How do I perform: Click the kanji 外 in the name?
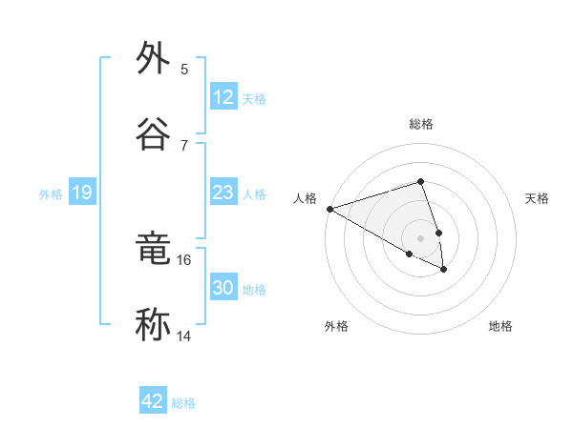(x=154, y=58)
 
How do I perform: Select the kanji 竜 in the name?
(x=154, y=250)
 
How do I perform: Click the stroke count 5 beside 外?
(x=184, y=69)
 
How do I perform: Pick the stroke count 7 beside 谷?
(x=184, y=145)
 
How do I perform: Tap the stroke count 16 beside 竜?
(x=184, y=259)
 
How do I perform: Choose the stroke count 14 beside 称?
(x=184, y=336)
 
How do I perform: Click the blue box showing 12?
(x=223, y=97)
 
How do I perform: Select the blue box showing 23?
(x=223, y=193)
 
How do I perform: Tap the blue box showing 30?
(x=223, y=288)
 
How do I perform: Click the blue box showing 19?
(x=82, y=193)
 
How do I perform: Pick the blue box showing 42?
(x=153, y=401)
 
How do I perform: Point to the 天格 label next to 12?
(x=254, y=98)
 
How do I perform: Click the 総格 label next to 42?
(x=183, y=403)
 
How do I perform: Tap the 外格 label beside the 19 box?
(x=51, y=193)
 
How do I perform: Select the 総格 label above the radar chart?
(x=421, y=124)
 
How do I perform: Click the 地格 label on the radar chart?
(x=500, y=326)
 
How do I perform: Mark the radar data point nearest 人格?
(x=329, y=209)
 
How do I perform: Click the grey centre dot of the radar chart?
(x=420, y=237)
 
